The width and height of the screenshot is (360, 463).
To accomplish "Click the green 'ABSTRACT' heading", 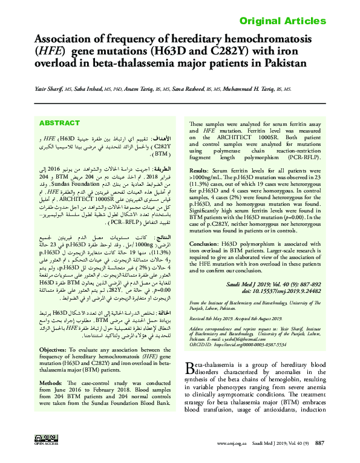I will [59, 123].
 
